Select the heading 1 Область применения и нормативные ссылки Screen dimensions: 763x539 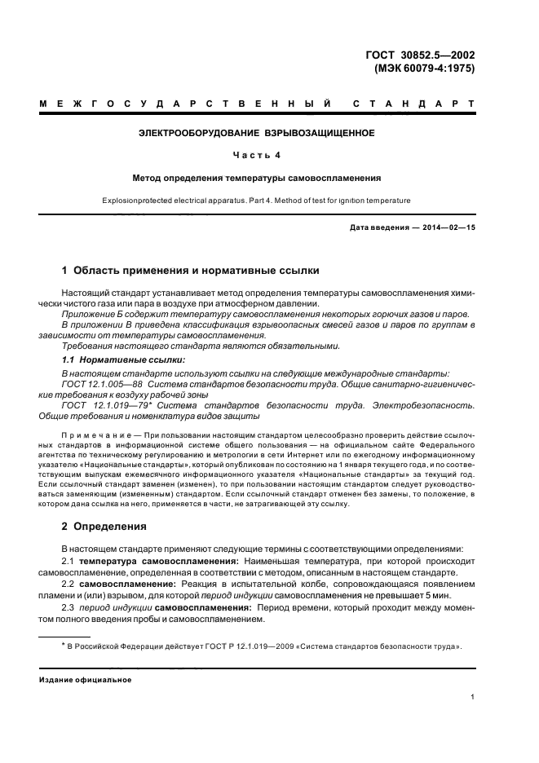[192, 270]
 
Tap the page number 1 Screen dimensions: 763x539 [473, 697]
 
